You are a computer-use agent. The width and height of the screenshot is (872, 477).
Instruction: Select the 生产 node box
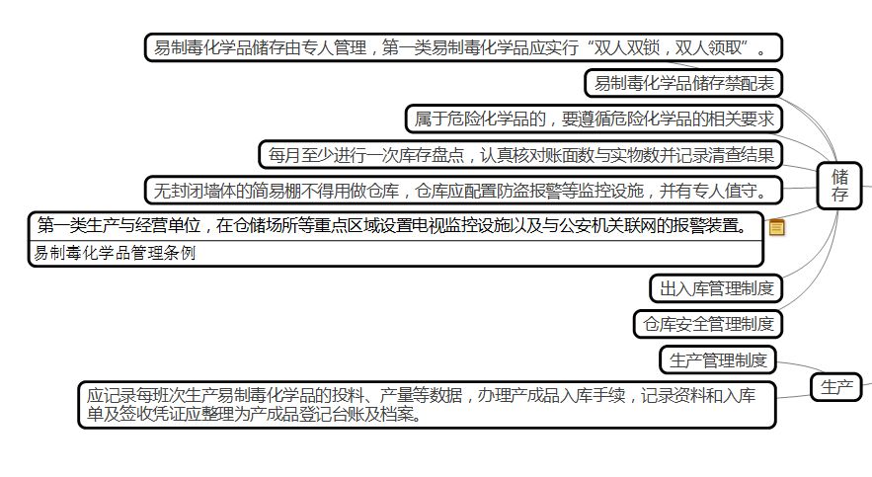[836, 388]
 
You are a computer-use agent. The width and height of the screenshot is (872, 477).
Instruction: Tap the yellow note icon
[777, 228]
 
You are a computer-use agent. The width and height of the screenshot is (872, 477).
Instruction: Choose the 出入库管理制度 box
[716, 288]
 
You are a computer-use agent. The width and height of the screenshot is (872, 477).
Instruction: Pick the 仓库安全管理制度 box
[707, 323]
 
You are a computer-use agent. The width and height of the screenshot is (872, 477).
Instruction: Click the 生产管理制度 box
[718, 360]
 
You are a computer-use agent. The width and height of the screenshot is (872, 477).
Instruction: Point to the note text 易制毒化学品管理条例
[115, 253]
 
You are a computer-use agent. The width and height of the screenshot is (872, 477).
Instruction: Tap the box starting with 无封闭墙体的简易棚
[462, 190]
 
